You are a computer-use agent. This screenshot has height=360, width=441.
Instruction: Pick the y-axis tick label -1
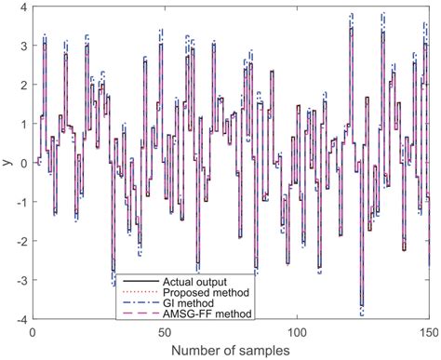coord(20,202)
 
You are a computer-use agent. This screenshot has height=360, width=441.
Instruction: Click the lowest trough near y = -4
coord(361,308)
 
